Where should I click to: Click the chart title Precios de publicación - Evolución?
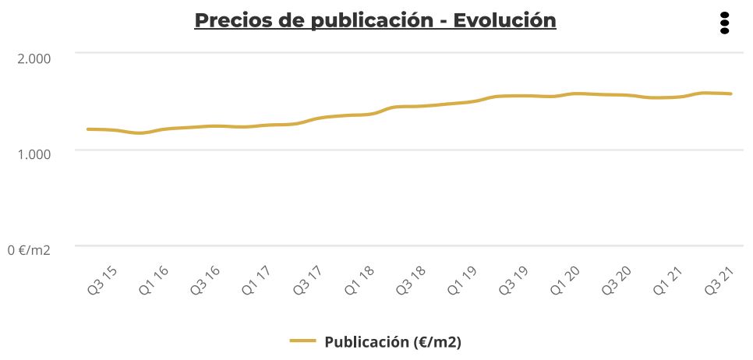click(375, 20)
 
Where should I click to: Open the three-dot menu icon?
click(724, 23)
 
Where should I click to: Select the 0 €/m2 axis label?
click(29, 250)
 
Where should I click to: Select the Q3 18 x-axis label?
click(412, 281)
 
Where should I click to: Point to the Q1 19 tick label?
click(463, 281)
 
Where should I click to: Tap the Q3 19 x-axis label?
click(514, 281)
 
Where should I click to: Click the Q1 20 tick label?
click(566, 281)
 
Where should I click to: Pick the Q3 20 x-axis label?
click(617, 281)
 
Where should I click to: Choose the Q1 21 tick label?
click(669, 281)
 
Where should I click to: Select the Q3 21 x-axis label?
click(720, 281)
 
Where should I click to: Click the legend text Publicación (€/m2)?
click(393, 341)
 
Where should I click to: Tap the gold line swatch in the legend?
click(302, 341)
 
